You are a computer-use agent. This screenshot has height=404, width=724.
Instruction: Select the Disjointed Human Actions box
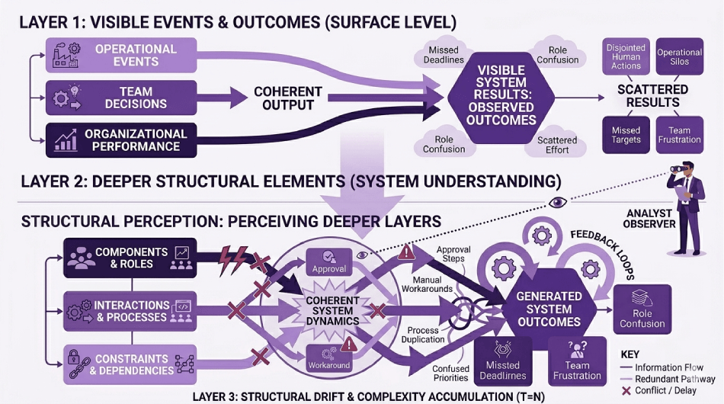(626, 56)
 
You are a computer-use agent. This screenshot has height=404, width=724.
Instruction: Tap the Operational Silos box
(679, 56)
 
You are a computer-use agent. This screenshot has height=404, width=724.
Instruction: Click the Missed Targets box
(626, 136)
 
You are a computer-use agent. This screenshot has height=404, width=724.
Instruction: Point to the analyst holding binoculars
(687, 206)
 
